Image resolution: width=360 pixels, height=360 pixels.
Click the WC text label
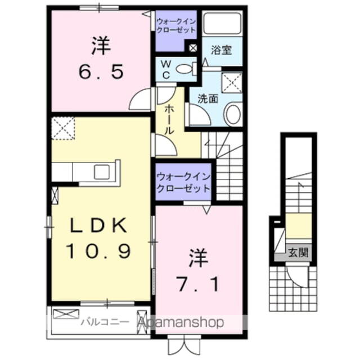click(x=168, y=69)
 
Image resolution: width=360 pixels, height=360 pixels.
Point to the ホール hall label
click(x=168, y=119)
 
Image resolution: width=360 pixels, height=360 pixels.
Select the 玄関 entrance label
click(x=299, y=251)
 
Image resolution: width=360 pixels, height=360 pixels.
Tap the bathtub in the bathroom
click(x=222, y=24)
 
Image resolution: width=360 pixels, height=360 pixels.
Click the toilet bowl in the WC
click(x=184, y=69)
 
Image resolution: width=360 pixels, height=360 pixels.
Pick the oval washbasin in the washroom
click(x=232, y=115)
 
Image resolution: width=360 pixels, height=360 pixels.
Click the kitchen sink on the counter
click(x=103, y=172)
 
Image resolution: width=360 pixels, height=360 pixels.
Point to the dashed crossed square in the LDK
click(x=62, y=128)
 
